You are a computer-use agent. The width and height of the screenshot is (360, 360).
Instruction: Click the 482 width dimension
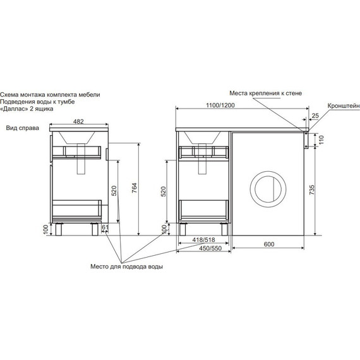[78, 121]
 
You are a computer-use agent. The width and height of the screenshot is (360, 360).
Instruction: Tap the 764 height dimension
[135, 188]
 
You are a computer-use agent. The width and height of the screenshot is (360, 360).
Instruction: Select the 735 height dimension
[312, 190]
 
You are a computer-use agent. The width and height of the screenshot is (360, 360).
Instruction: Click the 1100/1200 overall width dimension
[220, 105]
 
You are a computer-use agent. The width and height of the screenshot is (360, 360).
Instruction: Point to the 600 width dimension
[269, 244]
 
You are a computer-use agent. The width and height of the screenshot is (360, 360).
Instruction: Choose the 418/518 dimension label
[203, 240]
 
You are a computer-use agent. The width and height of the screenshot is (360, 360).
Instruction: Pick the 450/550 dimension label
[210, 248]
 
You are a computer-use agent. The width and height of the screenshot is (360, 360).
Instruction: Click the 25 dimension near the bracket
[315, 116]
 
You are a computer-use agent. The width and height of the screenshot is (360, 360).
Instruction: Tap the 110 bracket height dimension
[321, 140]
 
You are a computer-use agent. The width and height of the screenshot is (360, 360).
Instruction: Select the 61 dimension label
[105, 227]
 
